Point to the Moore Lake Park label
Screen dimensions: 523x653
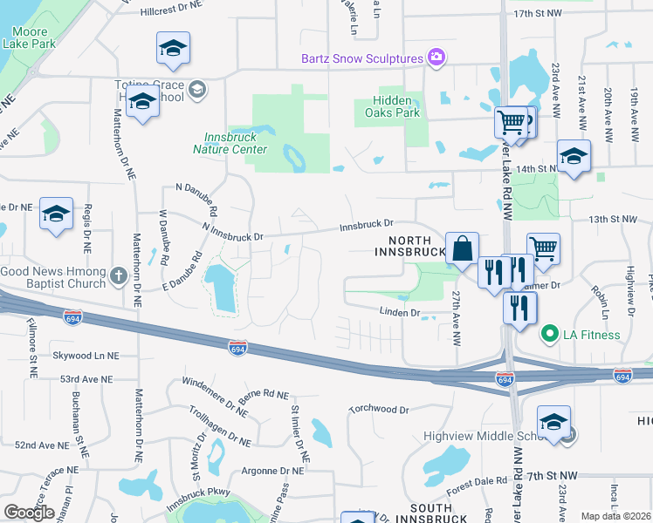click(x=28, y=36)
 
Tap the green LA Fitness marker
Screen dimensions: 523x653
click(x=549, y=334)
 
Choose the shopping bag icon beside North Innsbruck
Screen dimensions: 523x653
click(x=462, y=248)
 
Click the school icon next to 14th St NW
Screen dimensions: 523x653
click(x=573, y=157)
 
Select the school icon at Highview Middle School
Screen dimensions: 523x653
click(x=553, y=423)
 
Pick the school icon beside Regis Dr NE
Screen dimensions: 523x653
click(x=56, y=214)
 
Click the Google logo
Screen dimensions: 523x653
click(x=29, y=513)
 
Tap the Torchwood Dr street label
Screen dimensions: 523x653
click(x=378, y=409)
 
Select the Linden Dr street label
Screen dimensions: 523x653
click(x=400, y=311)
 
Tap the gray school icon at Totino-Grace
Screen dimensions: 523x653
click(x=197, y=88)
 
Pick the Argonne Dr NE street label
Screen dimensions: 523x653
click(x=273, y=470)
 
